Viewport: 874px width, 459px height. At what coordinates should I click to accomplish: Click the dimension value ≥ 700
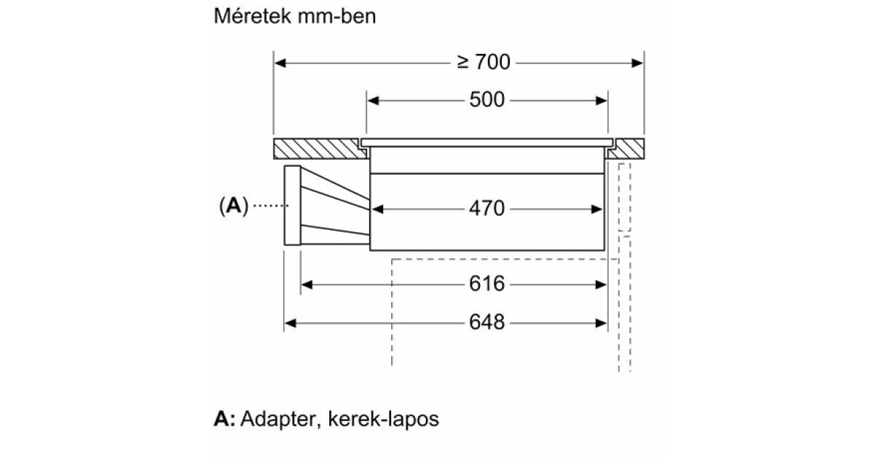[x=484, y=63]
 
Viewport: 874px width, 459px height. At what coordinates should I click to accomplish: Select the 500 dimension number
[x=487, y=100]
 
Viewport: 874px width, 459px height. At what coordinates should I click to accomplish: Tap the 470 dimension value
[x=487, y=209]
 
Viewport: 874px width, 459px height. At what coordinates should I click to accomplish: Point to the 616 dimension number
[x=487, y=284]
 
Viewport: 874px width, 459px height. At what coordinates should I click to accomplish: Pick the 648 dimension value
[x=487, y=322]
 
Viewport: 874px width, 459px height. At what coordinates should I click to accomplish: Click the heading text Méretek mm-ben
[x=295, y=17]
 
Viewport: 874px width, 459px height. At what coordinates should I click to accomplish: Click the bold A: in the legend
[x=224, y=420]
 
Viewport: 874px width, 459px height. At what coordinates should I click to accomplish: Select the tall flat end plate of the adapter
[x=291, y=206]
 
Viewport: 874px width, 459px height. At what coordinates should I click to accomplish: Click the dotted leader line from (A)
[x=269, y=207]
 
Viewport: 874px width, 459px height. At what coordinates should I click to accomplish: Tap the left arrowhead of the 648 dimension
[x=289, y=322]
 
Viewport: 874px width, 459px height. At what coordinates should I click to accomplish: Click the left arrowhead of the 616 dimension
[x=306, y=284]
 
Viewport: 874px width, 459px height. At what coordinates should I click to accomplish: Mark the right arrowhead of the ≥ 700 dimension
[x=639, y=63]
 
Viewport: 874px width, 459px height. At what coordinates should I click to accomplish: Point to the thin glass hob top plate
[x=487, y=140]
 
